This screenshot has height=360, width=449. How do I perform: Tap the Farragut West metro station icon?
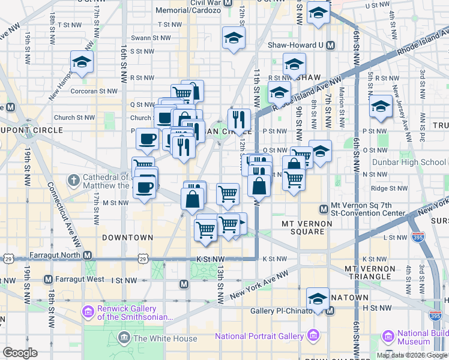tap(49, 280)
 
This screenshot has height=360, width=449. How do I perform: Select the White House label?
tap(165, 338)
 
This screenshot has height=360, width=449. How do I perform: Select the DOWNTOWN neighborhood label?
tap(127, 238)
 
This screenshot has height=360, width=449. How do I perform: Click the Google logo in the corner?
tap(20, 353)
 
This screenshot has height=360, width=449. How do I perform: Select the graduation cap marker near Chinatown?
tap(318, 298)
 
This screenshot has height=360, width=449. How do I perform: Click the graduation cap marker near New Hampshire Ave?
tap(81, 62)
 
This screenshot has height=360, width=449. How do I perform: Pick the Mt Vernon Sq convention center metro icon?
tap(324, 208)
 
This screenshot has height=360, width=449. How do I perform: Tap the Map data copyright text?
tap(412, 355)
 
